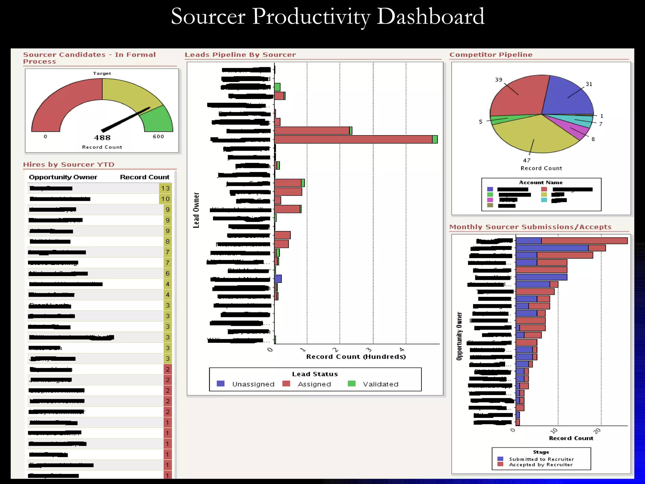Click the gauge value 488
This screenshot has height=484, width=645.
102,138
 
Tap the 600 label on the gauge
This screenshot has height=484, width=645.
158,136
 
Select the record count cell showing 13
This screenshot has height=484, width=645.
165,188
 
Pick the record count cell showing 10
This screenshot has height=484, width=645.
165,199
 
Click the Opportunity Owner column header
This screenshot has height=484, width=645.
63,177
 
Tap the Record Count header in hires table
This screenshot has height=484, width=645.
145,177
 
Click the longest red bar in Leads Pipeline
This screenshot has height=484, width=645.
353,139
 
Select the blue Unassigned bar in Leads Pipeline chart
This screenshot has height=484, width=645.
278,279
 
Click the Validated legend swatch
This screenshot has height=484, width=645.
351,384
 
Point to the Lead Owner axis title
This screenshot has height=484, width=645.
196,210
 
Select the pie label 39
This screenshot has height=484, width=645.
499,80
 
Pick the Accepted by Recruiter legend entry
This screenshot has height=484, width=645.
540,464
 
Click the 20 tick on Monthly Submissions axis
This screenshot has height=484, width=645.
597,431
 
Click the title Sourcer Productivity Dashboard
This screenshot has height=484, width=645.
327,16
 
